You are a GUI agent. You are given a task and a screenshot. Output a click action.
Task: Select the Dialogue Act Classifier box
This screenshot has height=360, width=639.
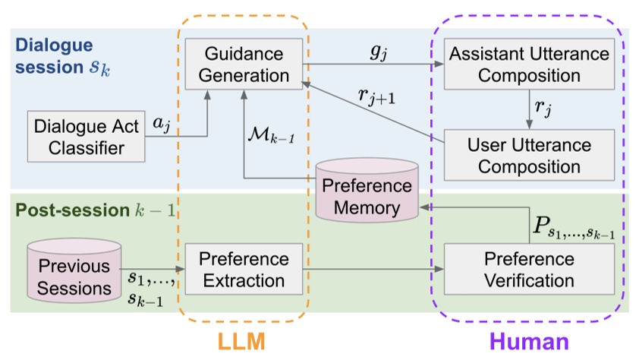(87, 136)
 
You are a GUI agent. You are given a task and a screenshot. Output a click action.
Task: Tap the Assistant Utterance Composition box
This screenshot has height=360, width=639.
(529, 65)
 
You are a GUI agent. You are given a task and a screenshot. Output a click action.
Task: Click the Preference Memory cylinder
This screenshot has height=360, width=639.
(368, 196)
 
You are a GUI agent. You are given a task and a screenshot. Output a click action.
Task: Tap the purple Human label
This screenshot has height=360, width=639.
(529, 340)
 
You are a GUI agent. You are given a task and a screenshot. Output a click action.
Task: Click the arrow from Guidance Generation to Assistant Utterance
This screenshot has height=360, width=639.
(372, 65)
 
